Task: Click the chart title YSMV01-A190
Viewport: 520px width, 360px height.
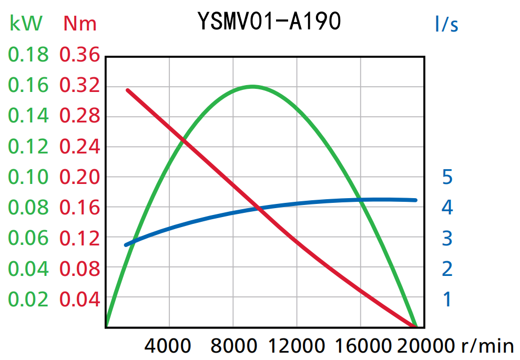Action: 270,22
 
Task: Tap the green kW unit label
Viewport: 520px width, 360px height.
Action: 26,24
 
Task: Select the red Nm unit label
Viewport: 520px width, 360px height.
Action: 80,24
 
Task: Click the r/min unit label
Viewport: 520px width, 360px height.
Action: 487,346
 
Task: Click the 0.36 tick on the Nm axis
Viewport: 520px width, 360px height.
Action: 79,55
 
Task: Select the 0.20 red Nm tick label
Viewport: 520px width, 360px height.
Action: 79,177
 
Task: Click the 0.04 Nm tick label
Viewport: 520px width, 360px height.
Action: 79,300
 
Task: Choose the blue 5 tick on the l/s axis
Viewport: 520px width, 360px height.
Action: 447,177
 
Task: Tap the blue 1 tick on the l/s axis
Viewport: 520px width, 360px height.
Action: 447,300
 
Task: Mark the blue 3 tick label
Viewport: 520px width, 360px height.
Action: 447,239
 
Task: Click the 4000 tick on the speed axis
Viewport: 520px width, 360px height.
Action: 168,346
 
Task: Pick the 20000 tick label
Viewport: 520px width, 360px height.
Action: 424,346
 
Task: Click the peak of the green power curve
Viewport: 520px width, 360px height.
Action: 252,86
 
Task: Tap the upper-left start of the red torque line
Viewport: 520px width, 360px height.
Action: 128,90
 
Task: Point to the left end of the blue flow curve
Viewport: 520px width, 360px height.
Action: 126,245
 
